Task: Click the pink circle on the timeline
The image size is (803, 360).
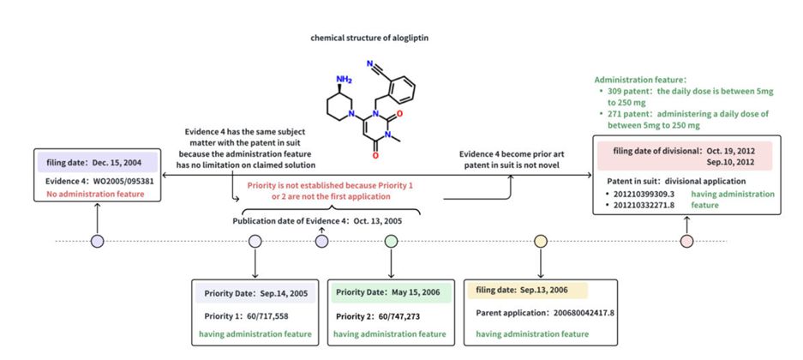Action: (686, 242)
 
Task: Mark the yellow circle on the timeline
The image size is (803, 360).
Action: (540, 242)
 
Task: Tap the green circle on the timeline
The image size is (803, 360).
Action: (391, 242)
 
